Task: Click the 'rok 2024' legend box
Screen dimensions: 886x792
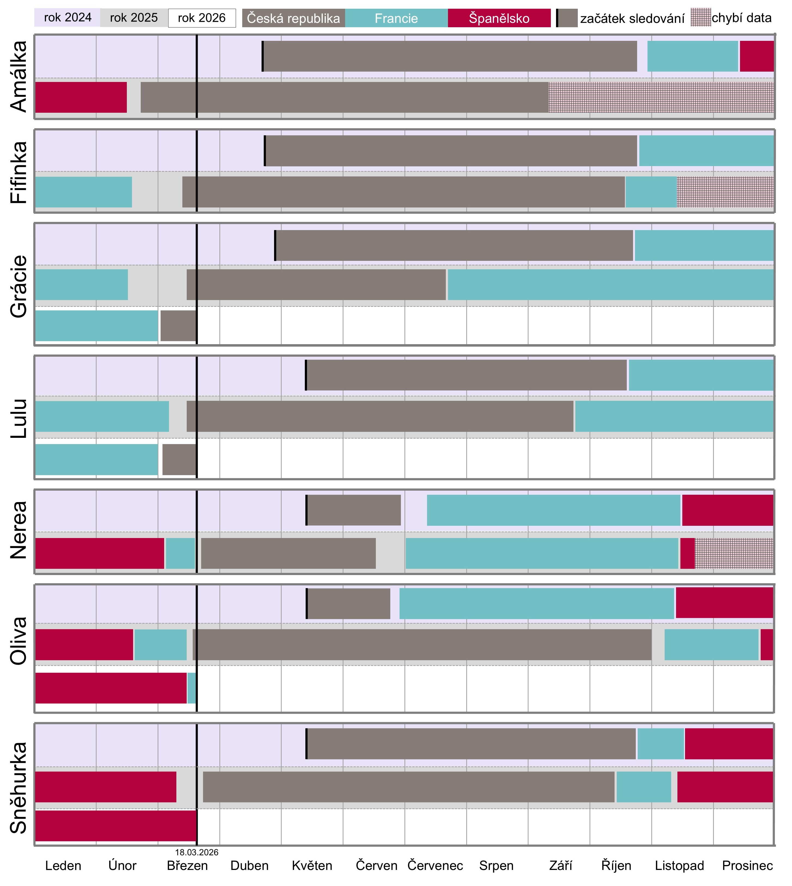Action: point(67,18)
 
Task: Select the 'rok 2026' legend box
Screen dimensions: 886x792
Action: point(201,18)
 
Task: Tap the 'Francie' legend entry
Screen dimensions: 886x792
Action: point(396,18)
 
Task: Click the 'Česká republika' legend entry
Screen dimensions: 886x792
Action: point(293,18)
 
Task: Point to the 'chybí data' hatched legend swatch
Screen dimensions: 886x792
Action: point(700,17)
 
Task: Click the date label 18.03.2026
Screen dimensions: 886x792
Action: point(197,852)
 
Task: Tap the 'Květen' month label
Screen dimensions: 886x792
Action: point(312,866)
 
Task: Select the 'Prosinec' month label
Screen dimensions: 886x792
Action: point(747,866)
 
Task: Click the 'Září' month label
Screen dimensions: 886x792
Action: point(560,866)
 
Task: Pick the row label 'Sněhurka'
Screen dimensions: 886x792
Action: point(19,788)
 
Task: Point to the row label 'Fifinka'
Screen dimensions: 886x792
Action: point(19,172)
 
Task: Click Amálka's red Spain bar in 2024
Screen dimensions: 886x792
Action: point(756,56)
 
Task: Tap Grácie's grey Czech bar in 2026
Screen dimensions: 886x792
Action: point(178,326)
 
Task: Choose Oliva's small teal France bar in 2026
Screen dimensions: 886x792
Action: point(192,688)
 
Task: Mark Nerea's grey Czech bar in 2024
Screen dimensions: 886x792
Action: point(354,510)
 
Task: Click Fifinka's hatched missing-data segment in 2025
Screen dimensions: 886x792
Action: point(725,192)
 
